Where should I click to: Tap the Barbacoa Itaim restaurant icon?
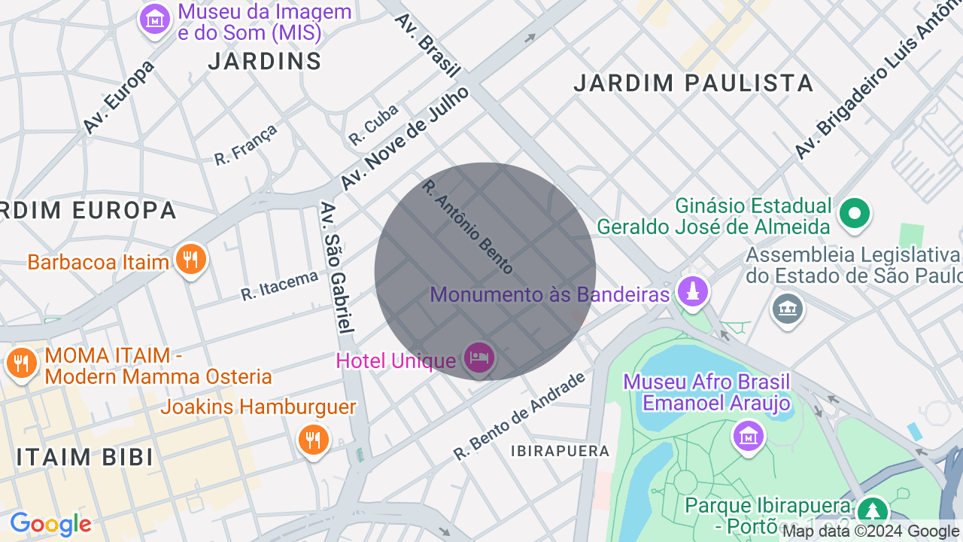pyautogui.click(x=191, y=260)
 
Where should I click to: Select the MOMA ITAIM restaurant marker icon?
pyautogui.click(x=21, y=364)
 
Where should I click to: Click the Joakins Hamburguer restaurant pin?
pyautogui.click(x=313, y=439)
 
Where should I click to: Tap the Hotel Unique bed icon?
pyautogui.click(x=479, y=358)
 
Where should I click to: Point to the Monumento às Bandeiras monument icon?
pyautogui.click(x=692, y=291)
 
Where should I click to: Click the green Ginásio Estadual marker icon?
pyautogui.click(x=855, y=213)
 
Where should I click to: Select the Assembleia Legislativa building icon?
pyautogui.click(x=788, y=308)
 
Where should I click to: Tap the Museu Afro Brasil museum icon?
pyautogui.click(x=748, y=436)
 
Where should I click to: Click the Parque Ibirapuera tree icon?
pyautogui.click(x=873, y=510)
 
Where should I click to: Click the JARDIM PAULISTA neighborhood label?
pyautogui.click(x=693, y=83)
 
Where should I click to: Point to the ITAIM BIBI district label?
pyautogui.click(x=85, y=457)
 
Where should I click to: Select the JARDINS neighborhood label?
pyautogui.click(x=265, y=61)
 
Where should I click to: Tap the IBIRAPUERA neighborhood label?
pyautogui.click(x=560, y=451)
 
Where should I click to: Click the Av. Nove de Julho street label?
pyautogui.click(x=404, y=138)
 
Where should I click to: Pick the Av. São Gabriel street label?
pyautogui.click(x=336, y=267)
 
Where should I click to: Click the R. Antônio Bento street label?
pyautogui.click(x=467, y=226)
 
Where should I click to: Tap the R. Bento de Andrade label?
pyautogui.click(x=518, y=417)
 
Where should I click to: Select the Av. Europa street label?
pyautogui.click(x=118, y=96)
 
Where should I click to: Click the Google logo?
pyautogui.click(x=50, y=524)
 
